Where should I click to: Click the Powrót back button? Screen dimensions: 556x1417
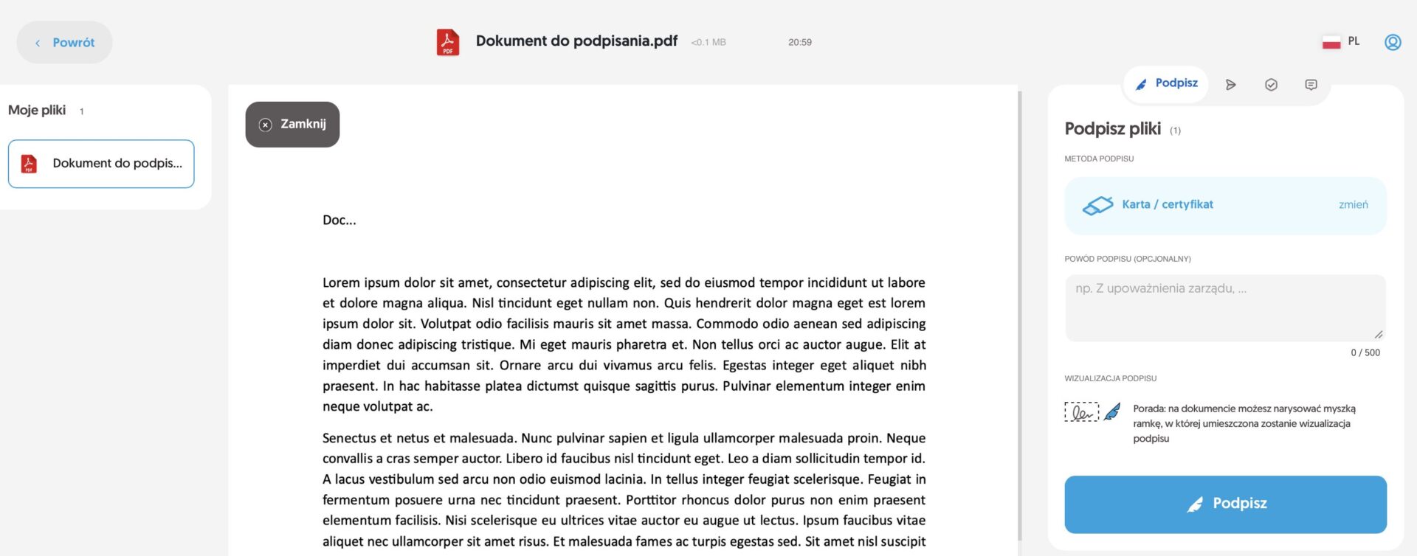pyautogui.click(x=65, y=43)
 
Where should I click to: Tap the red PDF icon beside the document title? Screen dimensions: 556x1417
pyautogui.click(x=447, y=42)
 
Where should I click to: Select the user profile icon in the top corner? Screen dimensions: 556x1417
pyautogui.click(x=1393, y=42)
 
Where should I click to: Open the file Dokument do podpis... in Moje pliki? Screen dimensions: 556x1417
pyautogui.click(x=101, y=164)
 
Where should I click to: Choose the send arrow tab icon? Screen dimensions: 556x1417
pyautogui.click(x=1230, y=85)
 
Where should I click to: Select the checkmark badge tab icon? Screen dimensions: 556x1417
pyautogui.click(x=1271, y=85)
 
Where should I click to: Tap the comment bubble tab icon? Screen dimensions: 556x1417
pyautogui.click(x=1311, y=85)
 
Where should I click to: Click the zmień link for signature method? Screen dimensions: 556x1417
pyautogui.click(x=1353, y=205)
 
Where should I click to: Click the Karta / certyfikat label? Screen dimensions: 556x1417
pyautogui.click(x=1167, y=205)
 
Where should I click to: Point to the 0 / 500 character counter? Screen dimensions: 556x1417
pyautogui.click(x=1365, y=352)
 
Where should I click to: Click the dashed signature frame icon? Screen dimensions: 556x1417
pyautogui.click(x=1081, y=411)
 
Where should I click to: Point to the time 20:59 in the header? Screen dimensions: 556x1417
pyautogui.click(x=799, y=43)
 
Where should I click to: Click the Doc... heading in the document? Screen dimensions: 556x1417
pyautogui.click(x=339, y=220)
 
